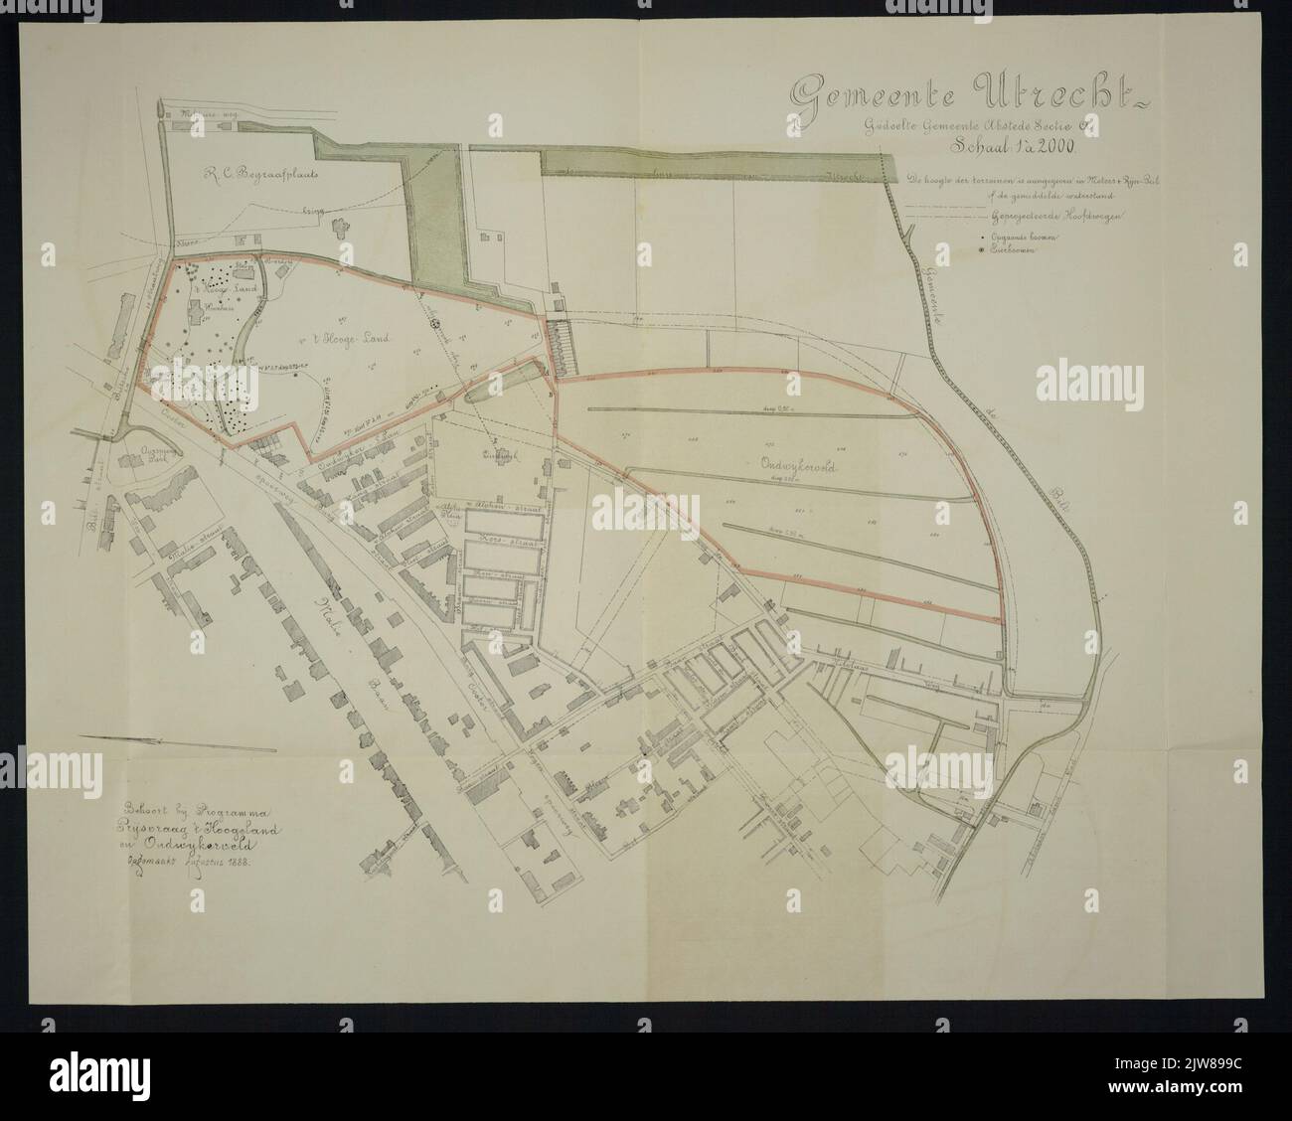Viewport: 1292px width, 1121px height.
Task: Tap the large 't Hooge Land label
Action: [346, 339]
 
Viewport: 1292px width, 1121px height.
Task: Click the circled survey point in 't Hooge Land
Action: [434, 320]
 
